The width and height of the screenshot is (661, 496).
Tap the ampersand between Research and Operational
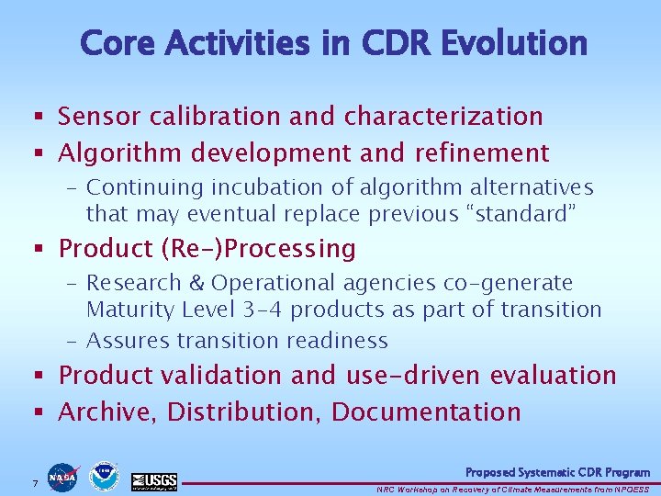tap(192, 284)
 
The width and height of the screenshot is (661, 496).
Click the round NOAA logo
tap(105, 476)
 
